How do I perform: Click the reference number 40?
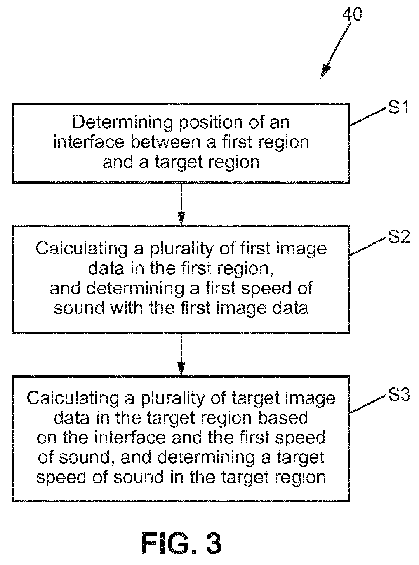tap(351, 14)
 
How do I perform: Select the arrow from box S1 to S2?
tap(181, 204)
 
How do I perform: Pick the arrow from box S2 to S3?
tap(181, 354)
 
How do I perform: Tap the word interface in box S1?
tap(89, 142)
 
